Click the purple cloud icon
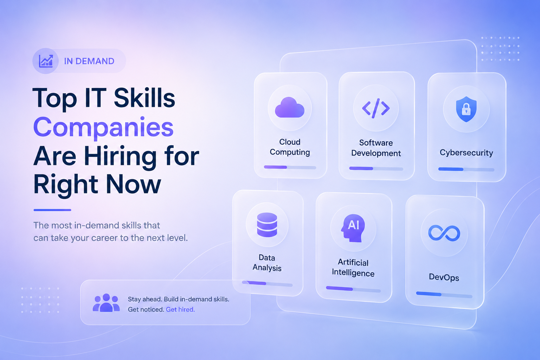coord(290,108)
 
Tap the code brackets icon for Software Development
coord(376,108)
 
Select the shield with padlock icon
coord(466,109)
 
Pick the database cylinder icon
coord(267,225)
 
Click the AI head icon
coord(353,228)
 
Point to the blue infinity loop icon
coord(444,233)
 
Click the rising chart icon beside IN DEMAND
coord(46,61)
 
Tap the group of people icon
coord(106,303)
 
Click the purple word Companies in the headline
coord(103,127)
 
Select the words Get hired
coord(180,309)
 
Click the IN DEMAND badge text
coord(89,61)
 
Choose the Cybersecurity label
coord(466,153)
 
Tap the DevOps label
coord(444,277)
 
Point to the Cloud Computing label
coord(290,147)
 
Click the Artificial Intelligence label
coord(353,268)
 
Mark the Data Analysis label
coord(267,263)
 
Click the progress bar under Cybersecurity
coord(466,169)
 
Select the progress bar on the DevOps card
coord(444,295)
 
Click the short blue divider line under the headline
coord(52,210)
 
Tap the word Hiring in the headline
coord(120,157)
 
